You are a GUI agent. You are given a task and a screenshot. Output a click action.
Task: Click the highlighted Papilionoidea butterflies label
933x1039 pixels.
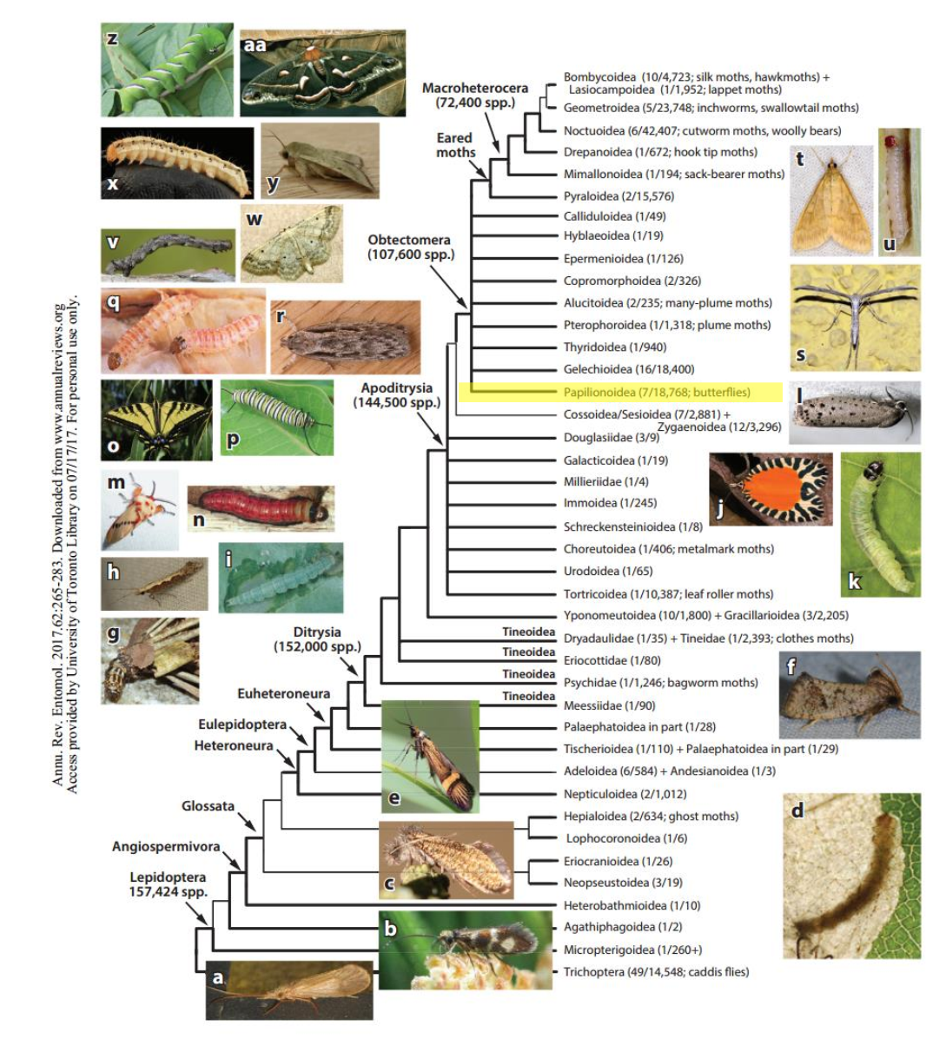[657, 392]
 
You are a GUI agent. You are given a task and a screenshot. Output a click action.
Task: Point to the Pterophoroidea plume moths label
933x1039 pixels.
[666, 325]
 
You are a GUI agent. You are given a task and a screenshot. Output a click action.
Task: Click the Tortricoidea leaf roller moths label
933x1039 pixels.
[668, 594]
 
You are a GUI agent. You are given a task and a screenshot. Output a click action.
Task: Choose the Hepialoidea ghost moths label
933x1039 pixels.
[651, 816]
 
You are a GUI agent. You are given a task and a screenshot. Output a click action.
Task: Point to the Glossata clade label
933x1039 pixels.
[208, 806]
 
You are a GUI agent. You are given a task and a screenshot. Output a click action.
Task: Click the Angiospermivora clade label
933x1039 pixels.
[166, 846]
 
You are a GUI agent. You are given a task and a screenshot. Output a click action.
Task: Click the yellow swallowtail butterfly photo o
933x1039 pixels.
[156, 420]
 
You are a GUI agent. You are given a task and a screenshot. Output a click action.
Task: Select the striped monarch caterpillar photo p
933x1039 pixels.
[276, 417]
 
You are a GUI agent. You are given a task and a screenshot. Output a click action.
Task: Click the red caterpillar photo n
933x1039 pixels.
[261, 508]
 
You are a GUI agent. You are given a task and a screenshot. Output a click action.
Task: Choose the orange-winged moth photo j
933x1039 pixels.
[771, 488]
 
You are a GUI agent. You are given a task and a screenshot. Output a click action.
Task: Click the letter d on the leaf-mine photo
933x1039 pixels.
[797, 810]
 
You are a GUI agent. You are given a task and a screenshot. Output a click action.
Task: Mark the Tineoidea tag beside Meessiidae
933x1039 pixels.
[528, 696]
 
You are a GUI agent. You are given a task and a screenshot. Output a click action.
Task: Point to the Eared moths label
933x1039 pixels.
[455, 145]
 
